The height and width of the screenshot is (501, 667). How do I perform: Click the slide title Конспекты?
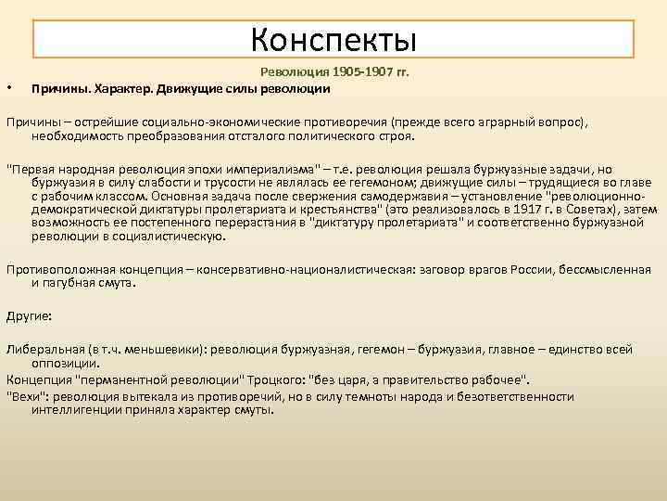tap(333, 39)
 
